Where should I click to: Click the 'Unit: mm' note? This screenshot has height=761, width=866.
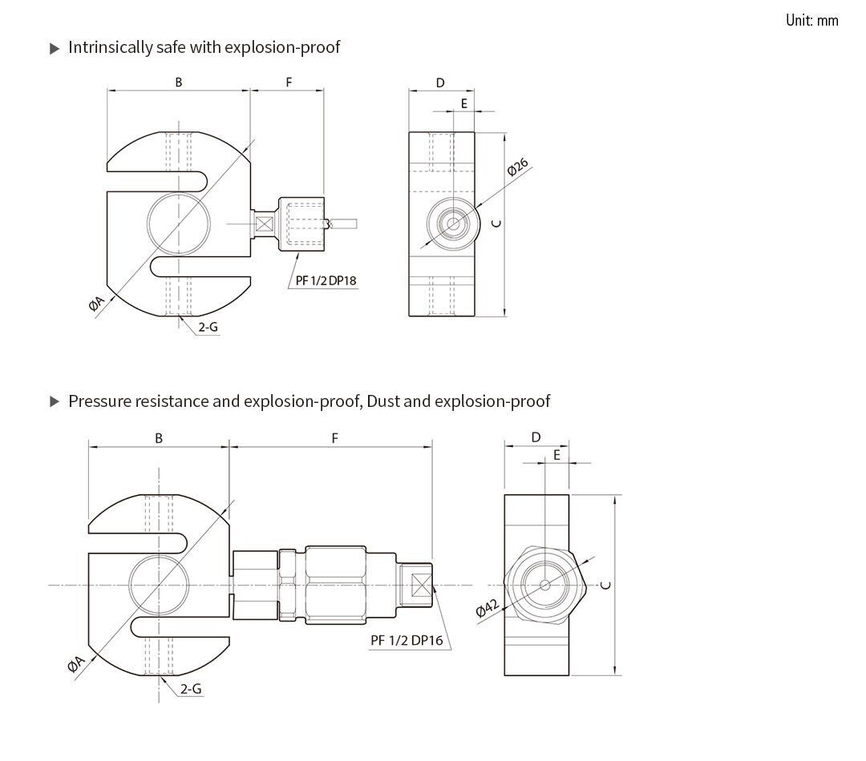click(811, 21)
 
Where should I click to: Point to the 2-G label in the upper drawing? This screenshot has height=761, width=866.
click(208, 327)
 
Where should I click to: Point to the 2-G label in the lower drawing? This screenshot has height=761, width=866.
click(190, 689)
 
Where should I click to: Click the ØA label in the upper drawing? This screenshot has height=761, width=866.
click(97, 302)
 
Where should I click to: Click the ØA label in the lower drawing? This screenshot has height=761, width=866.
click(76, 663)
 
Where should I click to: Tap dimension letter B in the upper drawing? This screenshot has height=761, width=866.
click(179, 83)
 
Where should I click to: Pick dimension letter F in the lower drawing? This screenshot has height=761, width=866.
click(334, 438)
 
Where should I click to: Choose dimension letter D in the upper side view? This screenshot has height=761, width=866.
click(440, 83)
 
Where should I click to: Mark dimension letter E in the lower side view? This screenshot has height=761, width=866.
click(556, 455)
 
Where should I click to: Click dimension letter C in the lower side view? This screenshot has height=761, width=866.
click(607, 584)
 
